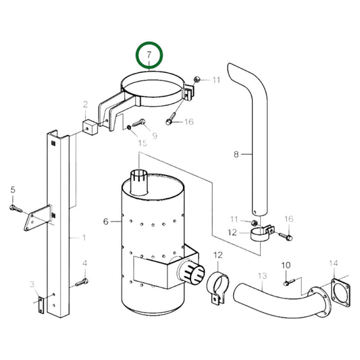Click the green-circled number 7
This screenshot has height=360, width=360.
pyautogui.click(x=150, y=55)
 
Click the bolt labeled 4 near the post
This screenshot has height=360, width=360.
pyautogui.click(x=82, y=280)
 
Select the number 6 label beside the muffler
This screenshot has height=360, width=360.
pyautogui.click(x=106, y=222)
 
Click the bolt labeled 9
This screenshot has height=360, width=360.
pyautogui.click(x=139, y=124)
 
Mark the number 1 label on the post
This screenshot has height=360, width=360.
pyautogui.click(x=83, y=237)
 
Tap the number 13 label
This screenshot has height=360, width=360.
pyautogui.click(x=262, y=276)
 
